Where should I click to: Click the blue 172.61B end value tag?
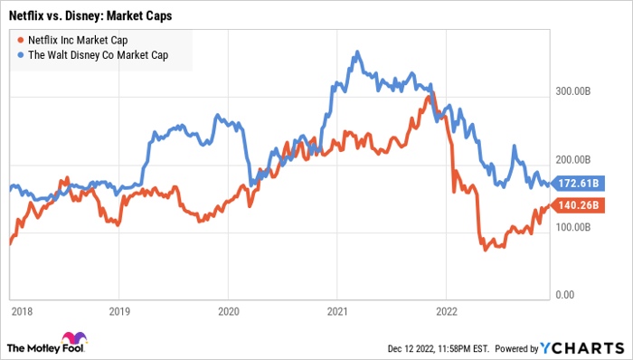[x=580, y=184]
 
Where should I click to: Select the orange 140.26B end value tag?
[x=580, y=205]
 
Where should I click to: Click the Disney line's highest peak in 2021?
[x=359, y=52]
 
